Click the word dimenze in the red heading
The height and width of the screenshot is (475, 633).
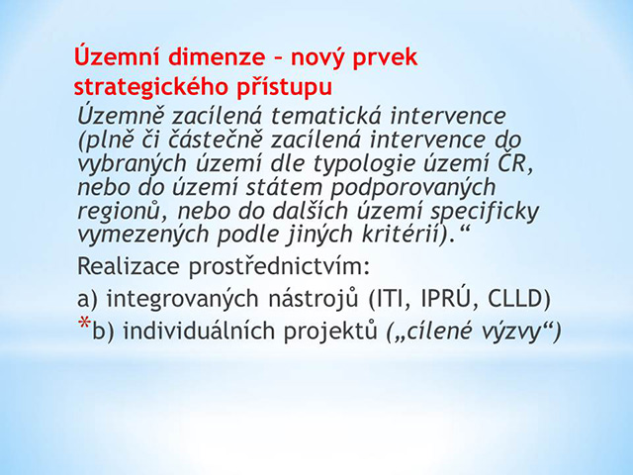(216, 57)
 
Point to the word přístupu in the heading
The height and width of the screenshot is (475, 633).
(284, 88)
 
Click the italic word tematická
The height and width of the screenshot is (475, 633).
(326, 116)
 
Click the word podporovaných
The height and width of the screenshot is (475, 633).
(413, 188)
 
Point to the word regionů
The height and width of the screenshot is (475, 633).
(118, 212)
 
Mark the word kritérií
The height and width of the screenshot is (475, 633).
(401, 235)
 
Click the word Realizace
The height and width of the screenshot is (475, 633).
(129, 266)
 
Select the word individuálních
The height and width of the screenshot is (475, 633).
(199, 331)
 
